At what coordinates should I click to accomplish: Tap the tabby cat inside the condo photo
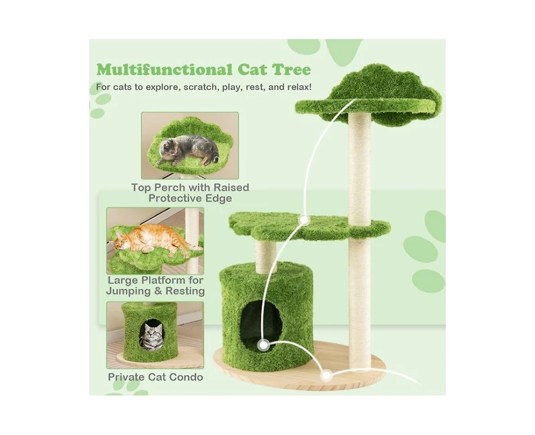152,335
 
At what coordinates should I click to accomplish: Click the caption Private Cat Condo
156,377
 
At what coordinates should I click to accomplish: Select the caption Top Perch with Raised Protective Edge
190,192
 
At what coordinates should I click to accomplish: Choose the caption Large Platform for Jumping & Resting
155,286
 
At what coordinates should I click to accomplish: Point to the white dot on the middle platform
304,219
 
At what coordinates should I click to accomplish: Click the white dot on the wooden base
326,376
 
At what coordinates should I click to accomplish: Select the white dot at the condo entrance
264,345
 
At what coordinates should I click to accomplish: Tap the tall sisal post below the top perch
360,167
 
